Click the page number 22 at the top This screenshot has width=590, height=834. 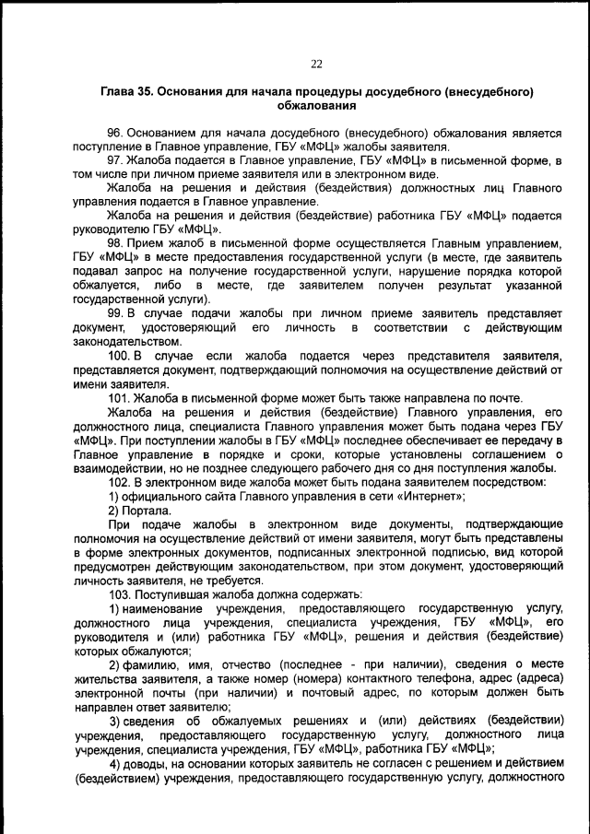point(316,64)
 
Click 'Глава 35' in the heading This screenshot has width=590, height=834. point(126,94)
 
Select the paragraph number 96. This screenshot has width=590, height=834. point(116,133)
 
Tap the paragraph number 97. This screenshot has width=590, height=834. point(116,160)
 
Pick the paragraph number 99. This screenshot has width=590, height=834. point(116,312)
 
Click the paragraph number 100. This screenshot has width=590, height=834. point(120,355)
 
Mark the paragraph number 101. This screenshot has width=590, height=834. point(120,397)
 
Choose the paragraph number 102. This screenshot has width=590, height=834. point(120,481)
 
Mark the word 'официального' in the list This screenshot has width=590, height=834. point(165,495)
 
